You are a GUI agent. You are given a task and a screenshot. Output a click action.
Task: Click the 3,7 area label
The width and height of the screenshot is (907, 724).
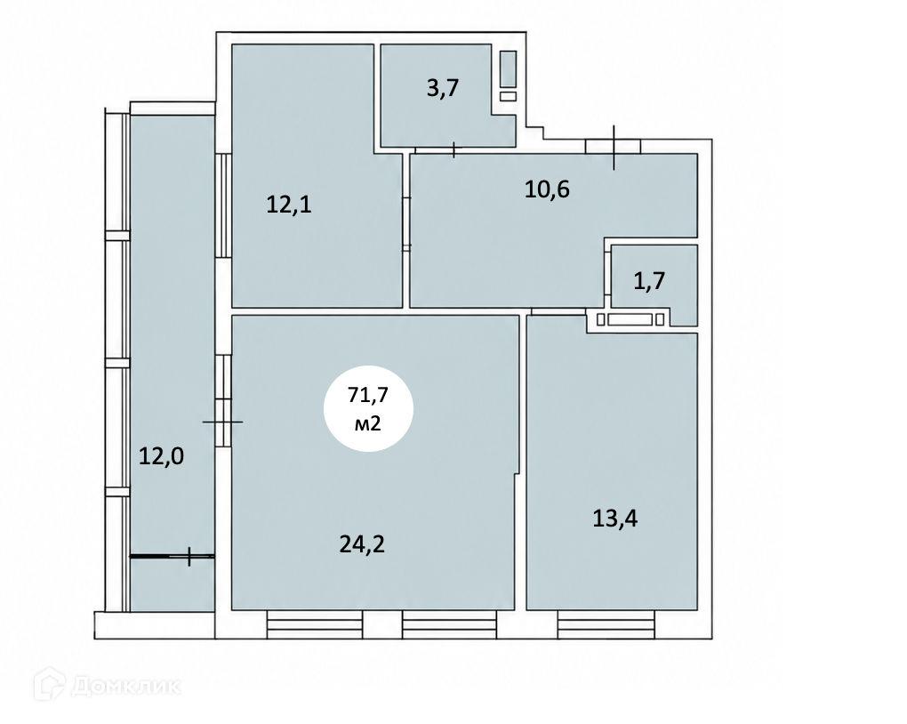443,89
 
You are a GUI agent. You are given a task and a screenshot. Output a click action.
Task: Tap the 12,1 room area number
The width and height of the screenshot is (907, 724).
289,205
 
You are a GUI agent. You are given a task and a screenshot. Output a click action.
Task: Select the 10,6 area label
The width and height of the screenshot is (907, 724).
547,189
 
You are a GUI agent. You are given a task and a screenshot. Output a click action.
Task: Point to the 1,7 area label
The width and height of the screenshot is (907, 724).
650,281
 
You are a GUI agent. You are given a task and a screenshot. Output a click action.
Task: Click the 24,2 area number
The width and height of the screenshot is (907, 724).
362,544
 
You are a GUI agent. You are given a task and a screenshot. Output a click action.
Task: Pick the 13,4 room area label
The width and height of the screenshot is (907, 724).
614,519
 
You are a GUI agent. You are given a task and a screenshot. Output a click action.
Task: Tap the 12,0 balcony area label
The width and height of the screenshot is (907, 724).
161,456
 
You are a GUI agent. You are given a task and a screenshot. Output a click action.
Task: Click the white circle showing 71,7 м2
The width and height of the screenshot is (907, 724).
368,408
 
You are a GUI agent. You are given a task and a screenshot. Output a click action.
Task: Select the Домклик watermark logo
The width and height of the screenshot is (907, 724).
108,686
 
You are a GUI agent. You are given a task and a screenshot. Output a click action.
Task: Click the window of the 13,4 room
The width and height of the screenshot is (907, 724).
606,624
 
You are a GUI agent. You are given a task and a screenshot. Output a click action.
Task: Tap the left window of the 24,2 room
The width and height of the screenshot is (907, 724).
315,624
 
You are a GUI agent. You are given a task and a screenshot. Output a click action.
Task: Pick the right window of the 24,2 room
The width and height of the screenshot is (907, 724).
449,624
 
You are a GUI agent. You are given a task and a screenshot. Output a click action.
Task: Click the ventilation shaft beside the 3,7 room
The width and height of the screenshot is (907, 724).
508,76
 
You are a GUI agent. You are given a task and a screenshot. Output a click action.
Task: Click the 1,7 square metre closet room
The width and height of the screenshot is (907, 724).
654,285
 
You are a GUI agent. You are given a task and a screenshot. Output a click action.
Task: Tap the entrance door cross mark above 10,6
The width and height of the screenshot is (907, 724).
614,148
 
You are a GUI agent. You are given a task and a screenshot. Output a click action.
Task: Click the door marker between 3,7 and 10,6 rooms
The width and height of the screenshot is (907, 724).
454,150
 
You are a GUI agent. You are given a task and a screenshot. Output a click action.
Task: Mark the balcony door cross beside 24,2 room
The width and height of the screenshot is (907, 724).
222,422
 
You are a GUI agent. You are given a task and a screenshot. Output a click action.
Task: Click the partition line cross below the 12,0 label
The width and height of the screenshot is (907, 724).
189,557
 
